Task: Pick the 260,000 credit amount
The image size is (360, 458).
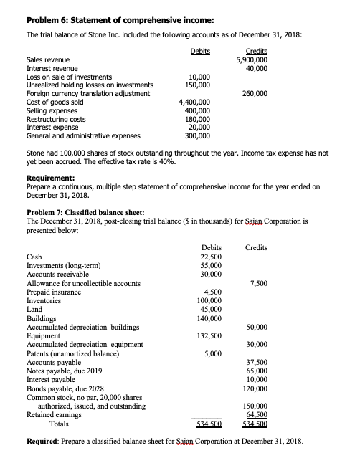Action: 255,92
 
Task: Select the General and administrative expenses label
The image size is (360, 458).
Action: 83,134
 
